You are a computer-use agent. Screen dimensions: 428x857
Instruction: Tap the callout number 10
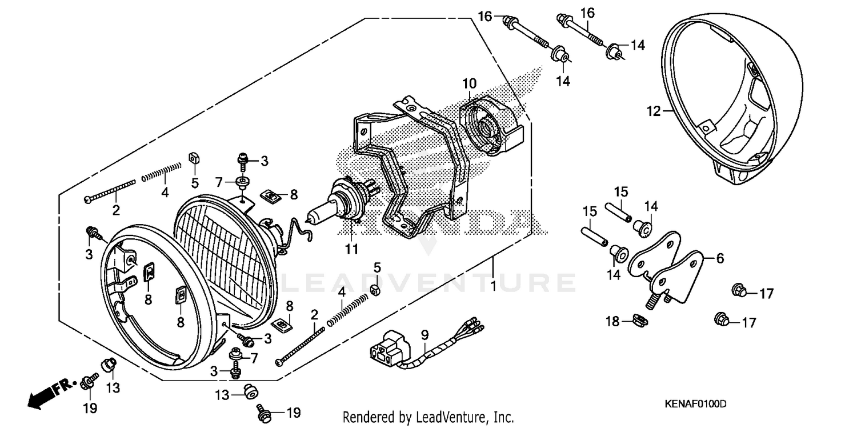pos(468,84)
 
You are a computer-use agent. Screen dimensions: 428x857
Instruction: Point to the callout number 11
pos(351,249)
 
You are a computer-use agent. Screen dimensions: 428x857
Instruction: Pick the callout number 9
pos(425,334)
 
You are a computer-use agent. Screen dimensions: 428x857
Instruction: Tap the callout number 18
pos(612,322)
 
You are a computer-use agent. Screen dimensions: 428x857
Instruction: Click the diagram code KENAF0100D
pos(695,404)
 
